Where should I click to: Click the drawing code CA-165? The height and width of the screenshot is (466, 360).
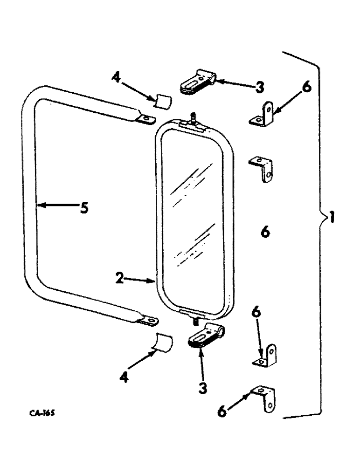click(40, 413)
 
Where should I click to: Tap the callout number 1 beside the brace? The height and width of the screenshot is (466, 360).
click(332, 218)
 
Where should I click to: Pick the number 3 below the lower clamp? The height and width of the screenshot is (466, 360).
click(202, 388)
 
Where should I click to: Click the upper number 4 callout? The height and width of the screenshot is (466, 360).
click(116, 77)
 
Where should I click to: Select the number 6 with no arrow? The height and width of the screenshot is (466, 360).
click(265, 231)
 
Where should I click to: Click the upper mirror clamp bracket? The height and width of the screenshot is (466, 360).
click(197, 82)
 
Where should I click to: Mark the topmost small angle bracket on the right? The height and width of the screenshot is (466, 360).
click(263, 115)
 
